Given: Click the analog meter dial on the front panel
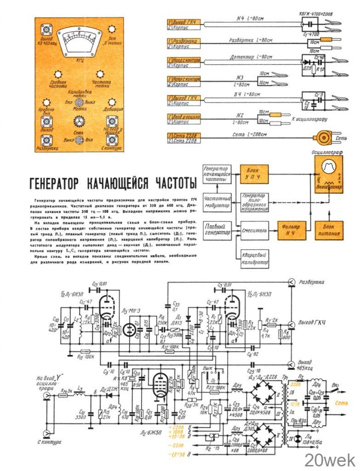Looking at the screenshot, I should pyautogui.click(x=77, y=42).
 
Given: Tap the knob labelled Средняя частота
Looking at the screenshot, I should pyautogui.click(x=58, y=75).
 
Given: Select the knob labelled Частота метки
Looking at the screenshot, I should pyautogui.click(x=100, y=75).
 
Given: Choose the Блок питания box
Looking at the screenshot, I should pyautogui.click(x=329, y=230).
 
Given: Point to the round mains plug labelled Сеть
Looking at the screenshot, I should pyautogui.click(x=322, y=138).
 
